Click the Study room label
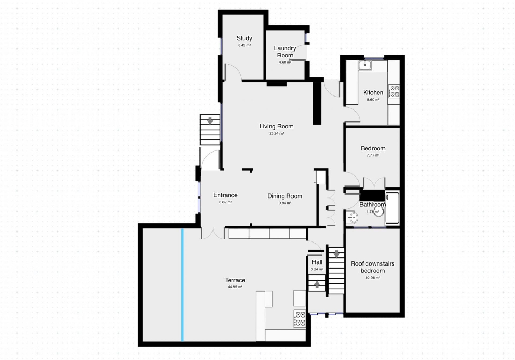point(244,38)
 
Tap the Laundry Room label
point(285,52)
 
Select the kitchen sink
point(365,65)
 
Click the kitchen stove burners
point(394,91)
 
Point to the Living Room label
point(276,126)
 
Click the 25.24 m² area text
point(276,134)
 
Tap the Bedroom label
point(373,148)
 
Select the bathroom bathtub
point(392,208)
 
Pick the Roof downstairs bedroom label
point(373,267)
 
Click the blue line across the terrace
point(182,285)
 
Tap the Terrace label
point(235,280)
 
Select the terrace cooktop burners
point(300,318)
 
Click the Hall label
point(317,262)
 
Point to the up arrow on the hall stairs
point(317,284)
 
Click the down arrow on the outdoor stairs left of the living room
point(210,121)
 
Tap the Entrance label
point(225,195)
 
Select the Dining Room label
point(285,196)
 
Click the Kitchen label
point(373,92)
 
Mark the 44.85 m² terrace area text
point(235,287)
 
